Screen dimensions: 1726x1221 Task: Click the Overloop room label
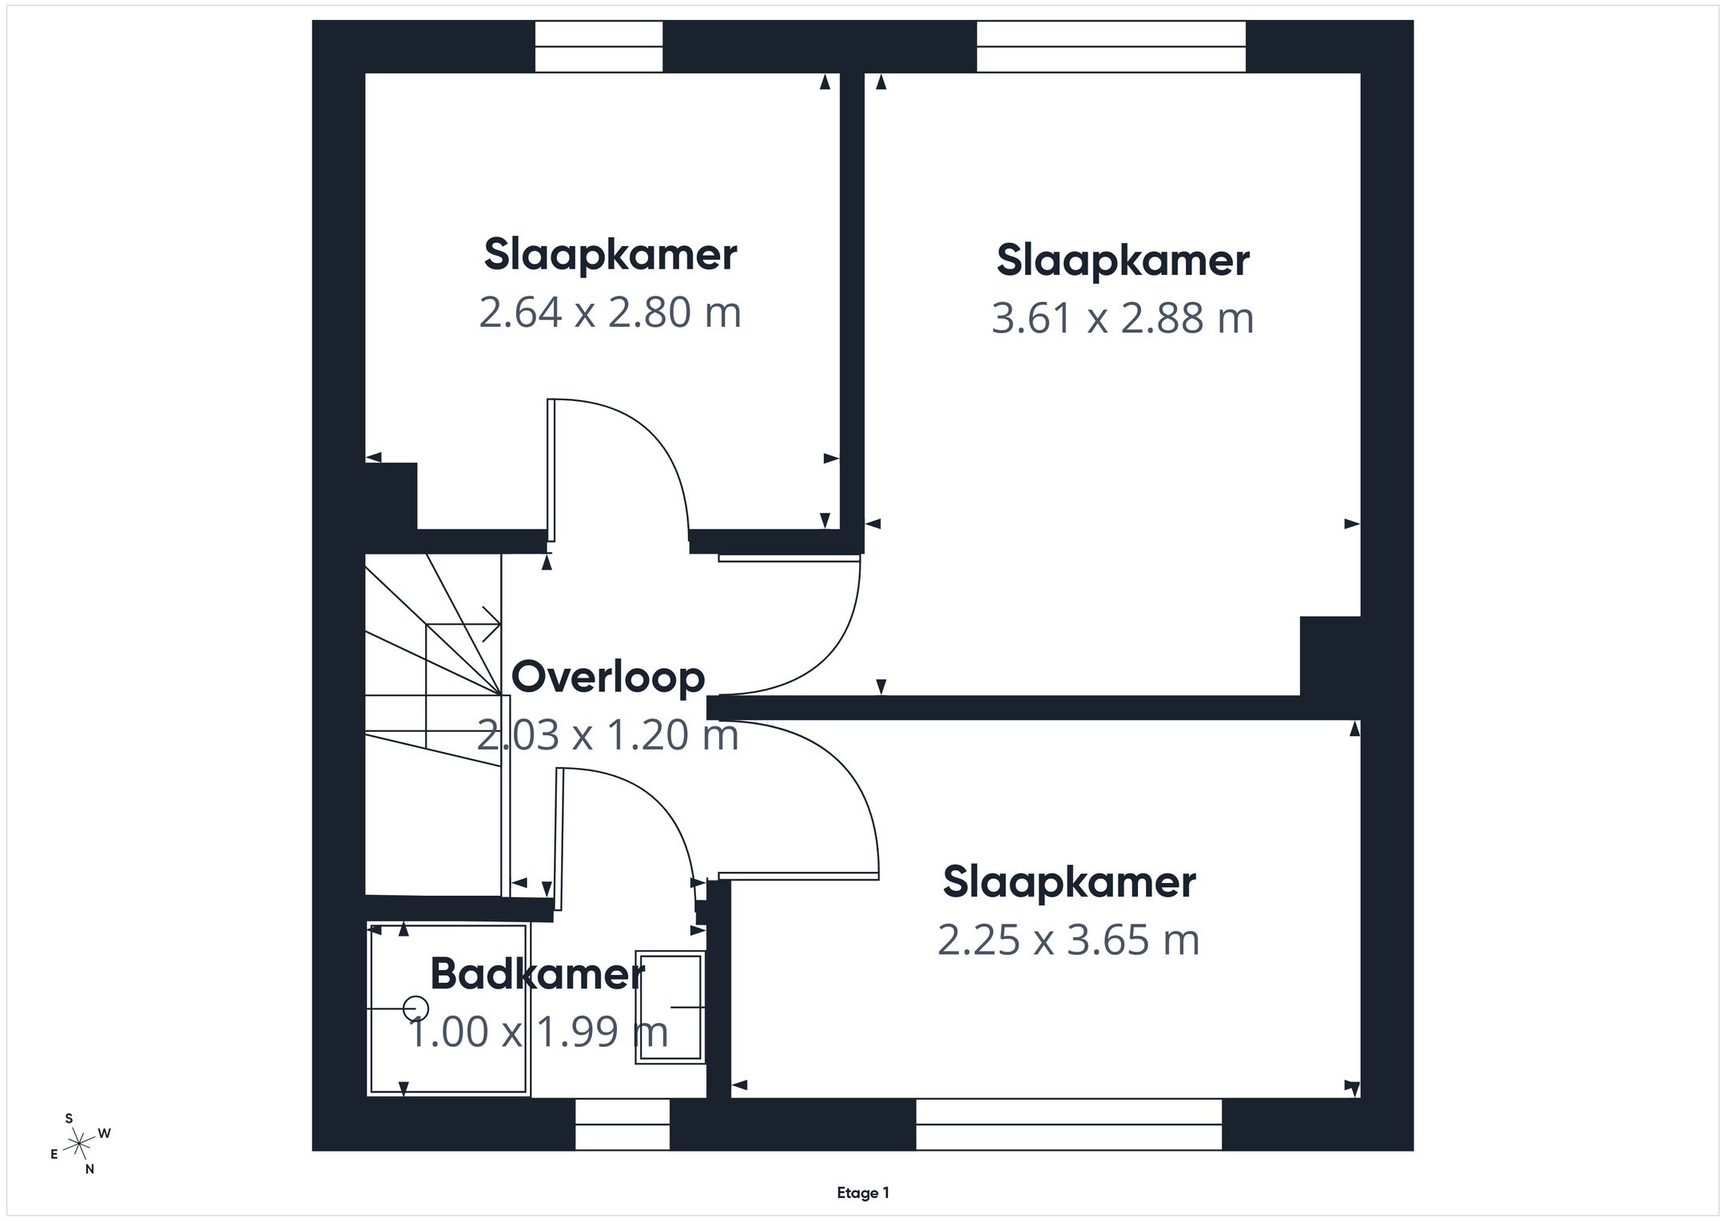[608, 678]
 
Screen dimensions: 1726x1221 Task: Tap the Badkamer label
[537, 974]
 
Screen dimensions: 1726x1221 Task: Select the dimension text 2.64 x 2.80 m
[610, 312]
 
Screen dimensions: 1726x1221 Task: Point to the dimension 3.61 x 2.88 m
[1123, 318]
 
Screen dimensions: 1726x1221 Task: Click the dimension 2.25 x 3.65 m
[1069, 940]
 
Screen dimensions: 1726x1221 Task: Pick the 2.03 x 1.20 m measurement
[608, 734]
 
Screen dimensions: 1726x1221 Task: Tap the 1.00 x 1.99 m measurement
[538, 1031]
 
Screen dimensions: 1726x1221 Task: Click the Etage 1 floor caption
[863, 1193]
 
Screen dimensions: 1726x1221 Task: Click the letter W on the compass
[104, 1133]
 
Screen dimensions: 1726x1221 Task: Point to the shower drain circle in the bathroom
[416, 1008]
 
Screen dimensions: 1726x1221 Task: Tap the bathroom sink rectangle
[670, 1007]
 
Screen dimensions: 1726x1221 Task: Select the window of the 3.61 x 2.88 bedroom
[1112, 46]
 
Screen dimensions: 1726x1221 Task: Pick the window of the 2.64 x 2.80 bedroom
[599, 46]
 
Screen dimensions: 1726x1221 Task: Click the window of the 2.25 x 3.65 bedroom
[1069, 1124]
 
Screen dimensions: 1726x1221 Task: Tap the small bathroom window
[622, 1124]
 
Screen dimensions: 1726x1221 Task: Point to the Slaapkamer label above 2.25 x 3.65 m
[1069, 883]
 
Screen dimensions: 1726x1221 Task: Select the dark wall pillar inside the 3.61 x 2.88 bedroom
[1330, 656]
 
